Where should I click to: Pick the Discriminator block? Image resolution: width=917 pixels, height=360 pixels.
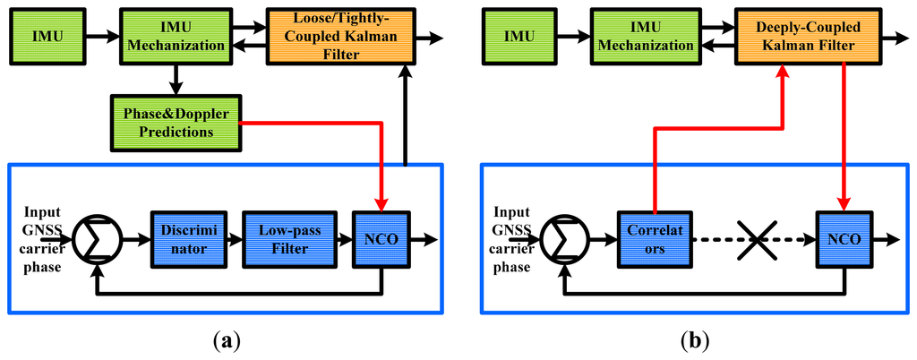[184, 239]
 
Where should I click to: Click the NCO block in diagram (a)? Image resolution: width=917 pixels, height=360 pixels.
[382, 239]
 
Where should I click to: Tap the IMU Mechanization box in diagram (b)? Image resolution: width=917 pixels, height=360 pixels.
[644, 37]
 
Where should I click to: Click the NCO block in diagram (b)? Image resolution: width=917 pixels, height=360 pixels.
[844, 239]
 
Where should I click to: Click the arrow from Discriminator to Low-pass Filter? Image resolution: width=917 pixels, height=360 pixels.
[230, 239]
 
